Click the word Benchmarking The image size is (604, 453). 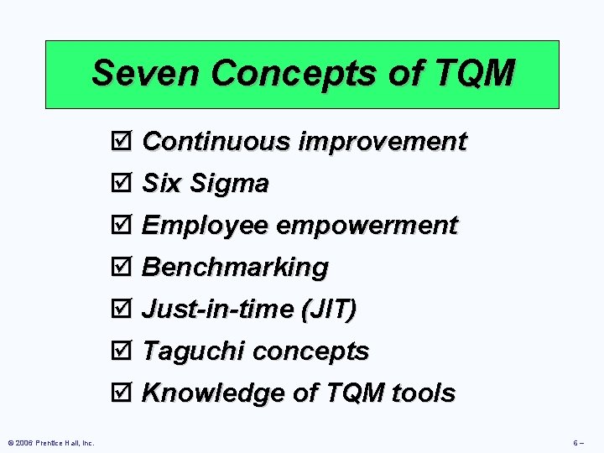coord(236,268)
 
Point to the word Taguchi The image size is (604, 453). coord(194,351)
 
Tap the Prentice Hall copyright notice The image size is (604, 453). coord(51,442)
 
